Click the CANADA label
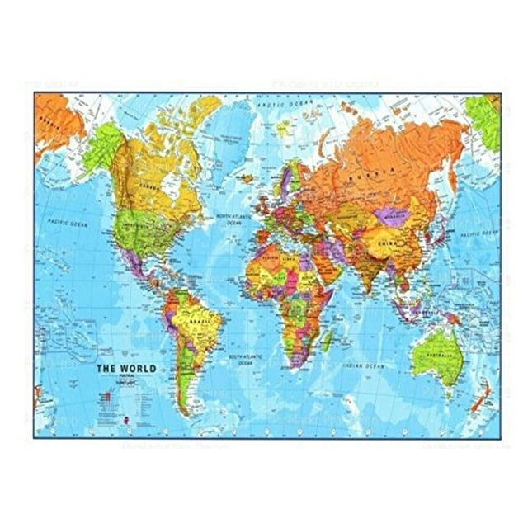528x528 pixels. click(x=152, y=186)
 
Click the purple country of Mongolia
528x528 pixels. click(x=391, y=215)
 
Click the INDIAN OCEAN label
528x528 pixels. click(x=363, y=365)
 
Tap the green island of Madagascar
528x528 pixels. click(x=328, y=339)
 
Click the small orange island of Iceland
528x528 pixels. click(x=247, y=176)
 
